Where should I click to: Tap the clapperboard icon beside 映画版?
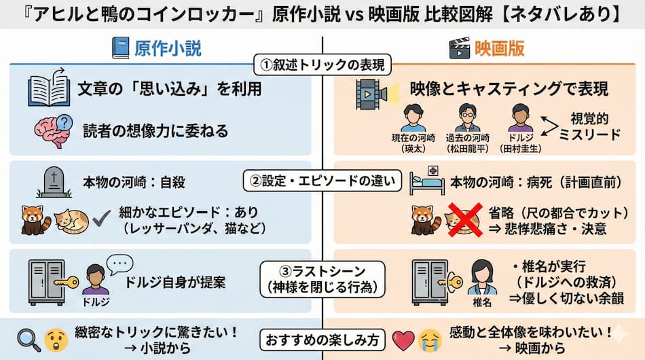(x=460, y=48)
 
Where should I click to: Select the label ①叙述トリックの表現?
(x=322, y=65)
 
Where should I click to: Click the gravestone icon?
(x=54, y=182)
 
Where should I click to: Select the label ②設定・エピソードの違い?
(x=322, y=181)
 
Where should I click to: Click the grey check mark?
(x=102, y=219)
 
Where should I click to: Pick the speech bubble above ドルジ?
(x=121, y=263)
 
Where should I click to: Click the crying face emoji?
(x=430, y=337)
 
